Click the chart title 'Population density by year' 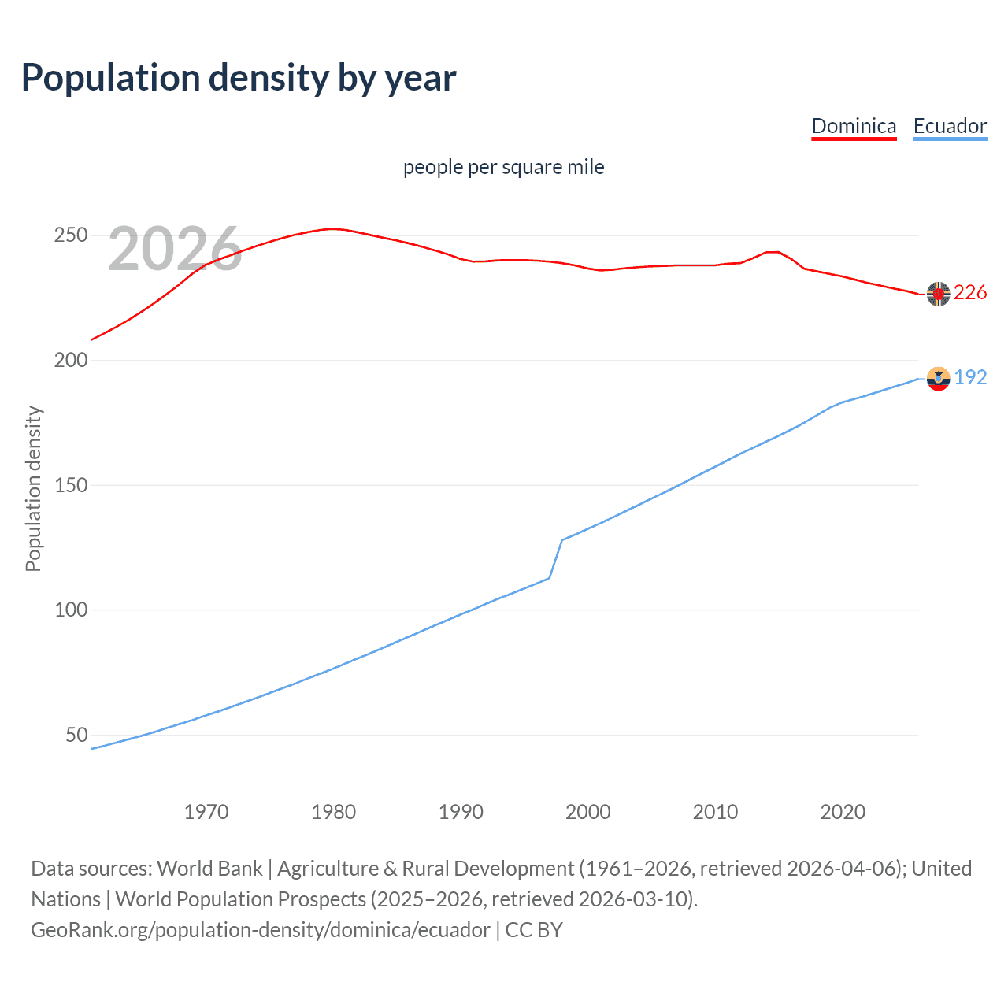[239, 78]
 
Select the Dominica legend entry [854, 126]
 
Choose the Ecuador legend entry [950, 126]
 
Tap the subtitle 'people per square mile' [503, 167]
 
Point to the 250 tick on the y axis [70, 235]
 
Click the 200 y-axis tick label [70, 361]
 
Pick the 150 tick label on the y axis [70, 485]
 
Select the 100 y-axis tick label [70, 610]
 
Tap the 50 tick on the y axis [76, 735]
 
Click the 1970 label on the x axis [206, 812]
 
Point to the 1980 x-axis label [334, 812]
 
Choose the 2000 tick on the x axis [588, 812]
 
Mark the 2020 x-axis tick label [843, 812]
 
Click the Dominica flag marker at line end [938, 294]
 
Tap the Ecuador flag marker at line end [938, 379]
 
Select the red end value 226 [970, 293]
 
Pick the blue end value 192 [970, 378]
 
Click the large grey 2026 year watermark [175, 249]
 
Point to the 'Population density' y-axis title [33, 488]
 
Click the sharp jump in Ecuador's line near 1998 [556, 558]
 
